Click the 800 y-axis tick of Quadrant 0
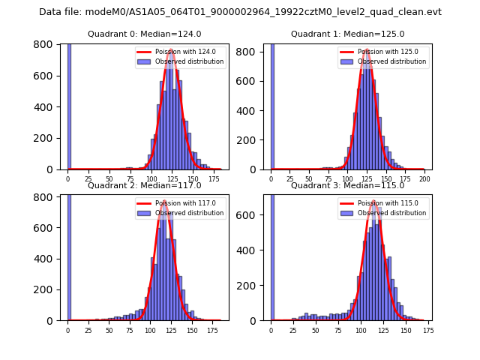coord(49,44)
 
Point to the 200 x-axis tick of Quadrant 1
coord(424,178)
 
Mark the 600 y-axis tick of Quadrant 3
coord(253,216)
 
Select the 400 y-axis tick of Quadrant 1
coord(253,111)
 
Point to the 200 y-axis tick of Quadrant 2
coord(49,289)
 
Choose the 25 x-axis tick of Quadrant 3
coord(294,330)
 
